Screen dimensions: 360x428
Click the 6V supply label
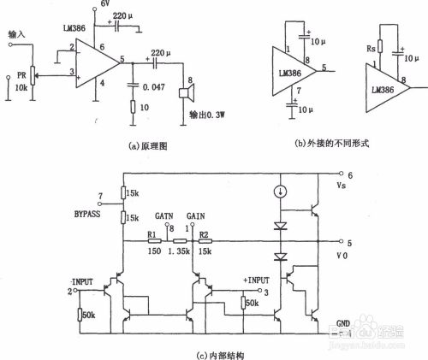106,6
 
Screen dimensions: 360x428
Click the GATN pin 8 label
166,219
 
